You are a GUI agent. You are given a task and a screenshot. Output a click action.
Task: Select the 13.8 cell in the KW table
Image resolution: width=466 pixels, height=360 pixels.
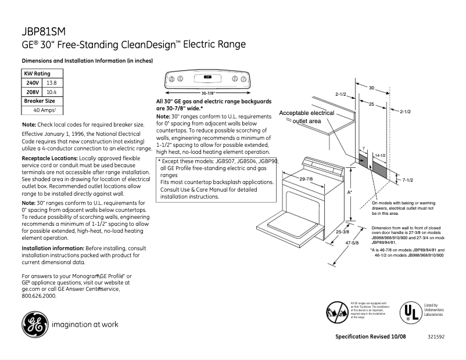pos(51,83)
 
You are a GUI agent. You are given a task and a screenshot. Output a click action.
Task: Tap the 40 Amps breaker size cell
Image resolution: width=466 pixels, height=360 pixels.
pos(44,110)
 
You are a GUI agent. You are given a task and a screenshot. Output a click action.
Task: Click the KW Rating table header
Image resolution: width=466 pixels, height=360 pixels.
pos(37,74)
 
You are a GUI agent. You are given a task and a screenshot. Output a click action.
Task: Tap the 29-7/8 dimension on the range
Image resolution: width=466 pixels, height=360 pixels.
pos(306,179)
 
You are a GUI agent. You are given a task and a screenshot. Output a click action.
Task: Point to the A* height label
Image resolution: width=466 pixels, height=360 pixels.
pos(350,191)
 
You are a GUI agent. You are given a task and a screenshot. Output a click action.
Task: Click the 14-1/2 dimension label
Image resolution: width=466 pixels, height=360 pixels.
pos(380,156)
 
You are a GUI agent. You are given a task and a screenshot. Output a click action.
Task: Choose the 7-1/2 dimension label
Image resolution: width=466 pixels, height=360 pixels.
pos(407,181)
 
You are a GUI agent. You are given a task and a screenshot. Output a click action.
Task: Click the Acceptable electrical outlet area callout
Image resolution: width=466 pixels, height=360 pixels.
pos(307,117)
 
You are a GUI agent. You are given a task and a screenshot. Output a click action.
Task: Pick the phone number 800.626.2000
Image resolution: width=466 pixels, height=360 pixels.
pos(39,296)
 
